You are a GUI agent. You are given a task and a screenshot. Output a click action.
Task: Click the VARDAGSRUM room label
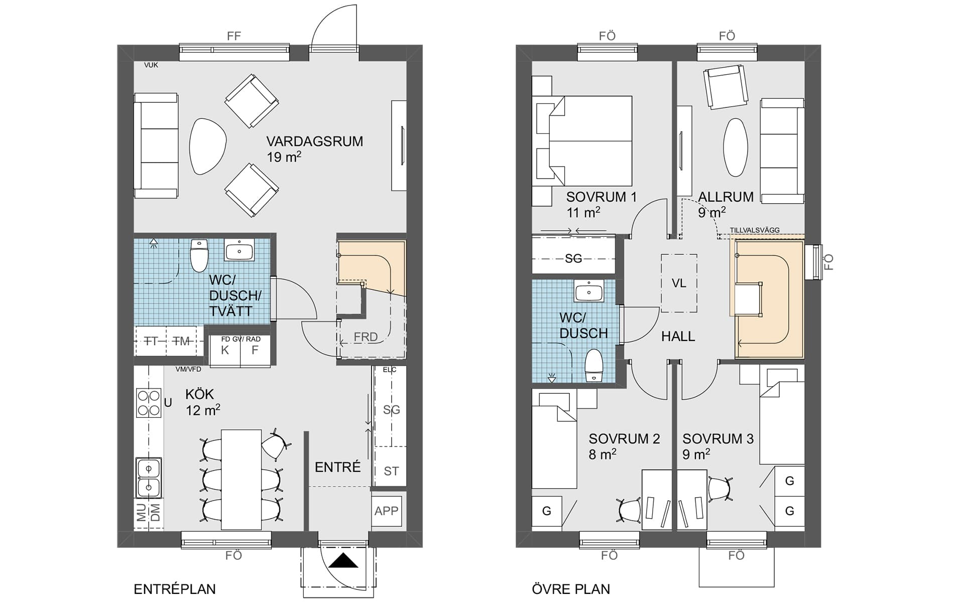[x=315, y=141]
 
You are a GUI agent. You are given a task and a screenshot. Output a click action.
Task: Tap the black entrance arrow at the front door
[x=343, y=560]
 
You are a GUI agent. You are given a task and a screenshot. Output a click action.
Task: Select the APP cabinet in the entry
[x=386, y=511]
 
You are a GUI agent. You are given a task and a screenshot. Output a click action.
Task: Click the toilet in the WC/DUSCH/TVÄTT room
[x=199, y=255]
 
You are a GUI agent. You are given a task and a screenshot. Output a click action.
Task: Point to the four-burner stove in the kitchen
[x=149, y=403]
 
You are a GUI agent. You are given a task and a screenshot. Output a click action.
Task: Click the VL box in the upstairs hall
[x=679, y=283]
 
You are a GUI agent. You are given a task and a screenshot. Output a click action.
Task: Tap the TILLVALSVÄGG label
[x=755, y=230]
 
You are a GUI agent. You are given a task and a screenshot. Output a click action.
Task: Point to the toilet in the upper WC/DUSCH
[x=594, y=366]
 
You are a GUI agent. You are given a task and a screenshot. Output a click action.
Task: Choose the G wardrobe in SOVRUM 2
[x=547, y=511]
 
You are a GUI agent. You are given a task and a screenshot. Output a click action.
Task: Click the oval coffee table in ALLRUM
[x=736, y=147]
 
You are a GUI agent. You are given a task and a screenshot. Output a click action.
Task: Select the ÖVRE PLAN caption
[x=571, y=589]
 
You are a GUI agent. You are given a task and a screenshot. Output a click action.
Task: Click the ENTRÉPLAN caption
[x=175, y=589]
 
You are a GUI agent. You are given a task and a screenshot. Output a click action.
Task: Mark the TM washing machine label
[x=181, y=341]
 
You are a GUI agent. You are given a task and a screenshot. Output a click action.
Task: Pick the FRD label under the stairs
[x=366, y=337]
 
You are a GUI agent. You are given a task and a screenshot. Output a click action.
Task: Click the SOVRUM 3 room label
[x=718, y=439]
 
